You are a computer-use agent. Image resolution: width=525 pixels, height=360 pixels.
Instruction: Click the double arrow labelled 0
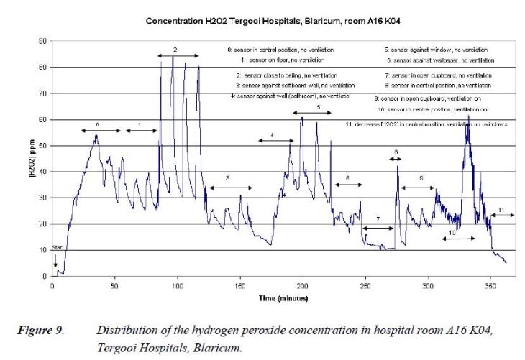click(x=98, y=131)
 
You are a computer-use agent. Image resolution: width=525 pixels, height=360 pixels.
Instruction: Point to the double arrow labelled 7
click(x=378, y=229)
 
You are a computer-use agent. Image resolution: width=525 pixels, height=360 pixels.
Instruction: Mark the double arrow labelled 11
click(x=501, y=215)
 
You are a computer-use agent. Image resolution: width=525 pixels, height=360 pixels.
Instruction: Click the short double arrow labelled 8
click(x=396, y=158)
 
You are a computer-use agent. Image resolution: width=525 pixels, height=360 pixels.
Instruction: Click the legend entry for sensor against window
click(x=436, y=50)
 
